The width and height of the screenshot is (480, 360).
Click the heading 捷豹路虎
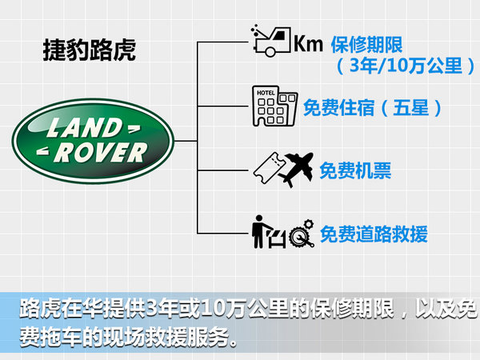point(90,50)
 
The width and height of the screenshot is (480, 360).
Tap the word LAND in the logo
point(85,128)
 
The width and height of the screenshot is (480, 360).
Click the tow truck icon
point(270,41)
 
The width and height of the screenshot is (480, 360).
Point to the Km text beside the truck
point(308,44)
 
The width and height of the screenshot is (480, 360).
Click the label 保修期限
point(366,45)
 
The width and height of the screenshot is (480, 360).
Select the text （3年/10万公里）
point(406,66)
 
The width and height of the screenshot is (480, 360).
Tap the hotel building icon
point(274,106)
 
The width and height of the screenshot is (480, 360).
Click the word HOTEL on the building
point(266,93)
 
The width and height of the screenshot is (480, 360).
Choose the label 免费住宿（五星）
point(373,108)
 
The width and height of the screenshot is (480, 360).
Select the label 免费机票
point(355,170)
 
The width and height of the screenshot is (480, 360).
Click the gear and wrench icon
point(302,234)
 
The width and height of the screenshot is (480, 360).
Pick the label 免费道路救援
point(374,234)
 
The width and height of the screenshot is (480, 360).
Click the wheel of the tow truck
point(270,51)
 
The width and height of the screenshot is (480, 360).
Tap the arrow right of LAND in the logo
point(134,129)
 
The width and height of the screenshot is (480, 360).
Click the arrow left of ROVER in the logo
point(43,150)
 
